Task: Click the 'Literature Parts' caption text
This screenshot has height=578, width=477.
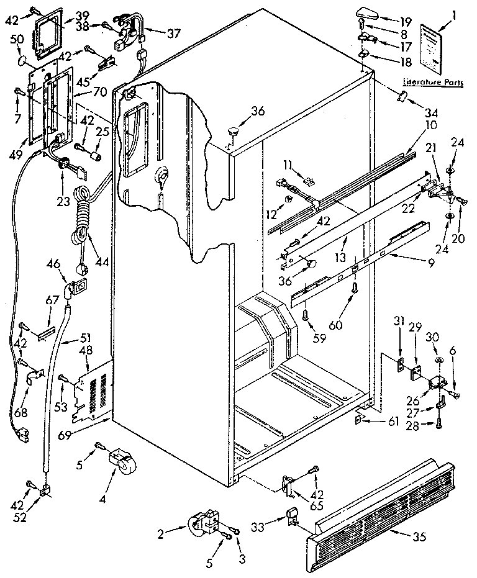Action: pos(432,82)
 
